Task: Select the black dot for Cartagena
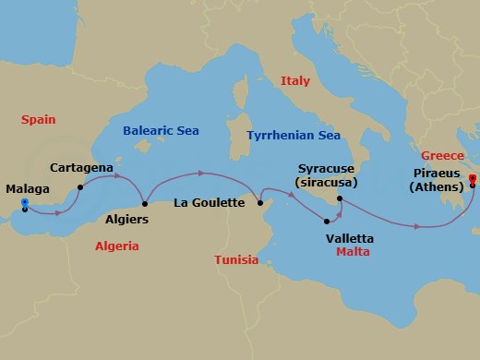81,187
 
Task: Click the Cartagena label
82,168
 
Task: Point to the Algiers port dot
145,204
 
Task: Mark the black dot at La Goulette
260,203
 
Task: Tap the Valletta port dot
328,221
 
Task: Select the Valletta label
350,237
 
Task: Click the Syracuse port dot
341,198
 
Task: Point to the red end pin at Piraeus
472,179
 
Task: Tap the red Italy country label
294,81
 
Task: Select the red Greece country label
441,156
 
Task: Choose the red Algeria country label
117,246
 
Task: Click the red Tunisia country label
236,259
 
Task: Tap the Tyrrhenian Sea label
294,136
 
